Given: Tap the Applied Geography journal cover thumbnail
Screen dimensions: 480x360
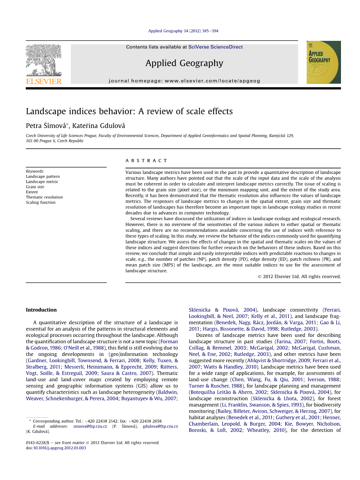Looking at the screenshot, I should point(323,62).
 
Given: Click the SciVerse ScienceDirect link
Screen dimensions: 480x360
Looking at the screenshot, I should point(215,47).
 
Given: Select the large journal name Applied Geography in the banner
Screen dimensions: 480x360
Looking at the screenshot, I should point(184,63).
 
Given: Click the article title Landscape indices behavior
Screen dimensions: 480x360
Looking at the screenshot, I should point(129,111).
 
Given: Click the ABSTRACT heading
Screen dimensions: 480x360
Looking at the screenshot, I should point(146,160).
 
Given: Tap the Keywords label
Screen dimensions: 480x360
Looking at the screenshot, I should point(35,171).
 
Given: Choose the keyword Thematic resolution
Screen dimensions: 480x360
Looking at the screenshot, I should point(44,197).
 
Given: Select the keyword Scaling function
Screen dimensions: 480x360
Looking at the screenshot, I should point(40,202).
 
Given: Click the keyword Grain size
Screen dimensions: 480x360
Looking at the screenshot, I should point(35,187).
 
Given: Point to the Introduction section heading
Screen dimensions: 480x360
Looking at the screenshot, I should point(41,310).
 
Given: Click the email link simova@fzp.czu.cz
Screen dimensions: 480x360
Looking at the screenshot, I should point(90,426).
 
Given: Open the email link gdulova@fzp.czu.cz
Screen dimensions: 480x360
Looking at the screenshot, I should point(160,426).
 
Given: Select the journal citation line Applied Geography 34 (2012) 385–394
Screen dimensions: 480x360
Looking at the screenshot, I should point(183,31).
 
